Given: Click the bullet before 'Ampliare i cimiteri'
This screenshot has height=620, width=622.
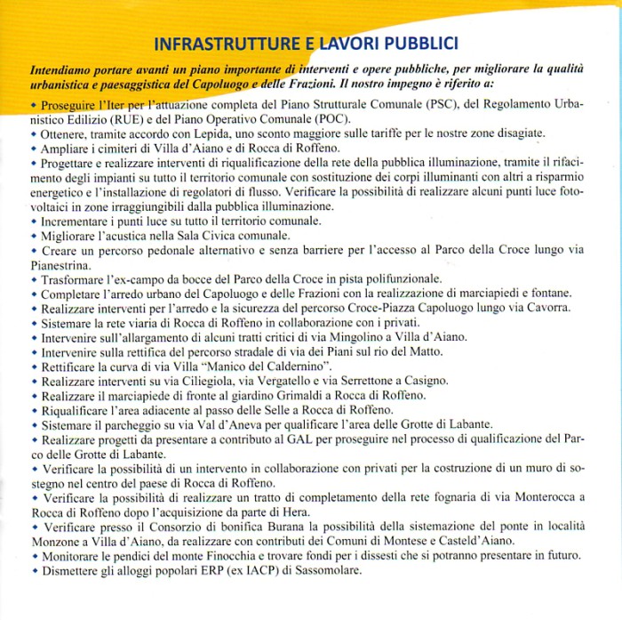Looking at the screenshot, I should [34, 147].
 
